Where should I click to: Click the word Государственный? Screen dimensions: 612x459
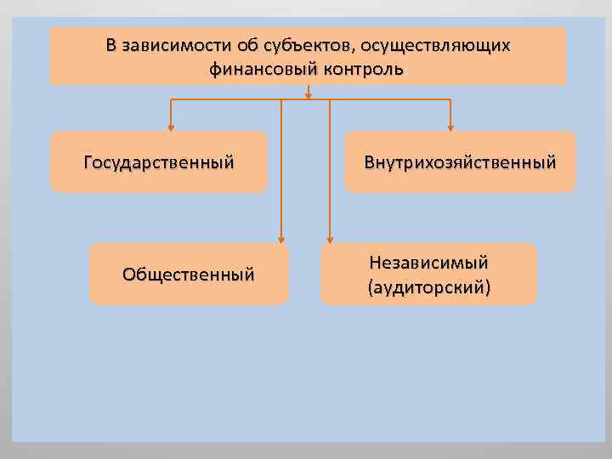click(159, 161)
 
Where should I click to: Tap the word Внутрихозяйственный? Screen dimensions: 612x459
click(460, 161)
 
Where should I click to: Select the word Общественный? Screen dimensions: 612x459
click(188, 274)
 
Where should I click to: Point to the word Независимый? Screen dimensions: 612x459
click(428, 263)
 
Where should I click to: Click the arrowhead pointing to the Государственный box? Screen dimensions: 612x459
click(171, 127)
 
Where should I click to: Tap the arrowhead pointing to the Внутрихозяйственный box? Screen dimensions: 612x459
click(450, 127)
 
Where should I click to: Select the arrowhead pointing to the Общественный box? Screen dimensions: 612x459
click(280, 240)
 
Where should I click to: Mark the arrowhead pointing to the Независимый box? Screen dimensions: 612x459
click(330, 240)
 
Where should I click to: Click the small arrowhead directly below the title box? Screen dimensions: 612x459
click(308, 94)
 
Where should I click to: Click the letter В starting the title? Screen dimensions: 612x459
click(111, 45)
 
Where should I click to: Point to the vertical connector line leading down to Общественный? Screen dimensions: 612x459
click(280, 170)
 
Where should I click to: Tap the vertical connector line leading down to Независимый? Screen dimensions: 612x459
click(330, 170)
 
